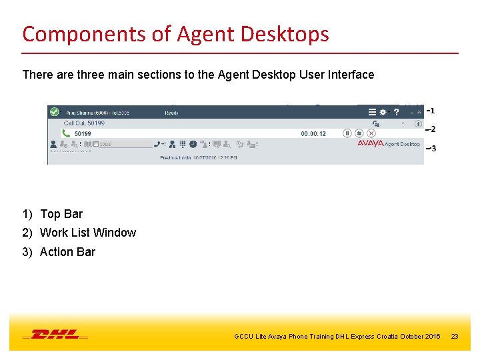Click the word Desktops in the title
(287, 33)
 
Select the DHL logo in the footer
(55, 335)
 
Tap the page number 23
(455, 336)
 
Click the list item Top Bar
(61, 214)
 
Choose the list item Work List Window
(87, 233)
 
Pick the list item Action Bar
(67, 252)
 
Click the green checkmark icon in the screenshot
(55, 113)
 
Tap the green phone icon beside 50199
(66, 133)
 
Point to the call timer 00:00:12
(313, 134)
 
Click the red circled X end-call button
(371, 133)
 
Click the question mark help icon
(397, 113)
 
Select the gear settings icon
(383, 113)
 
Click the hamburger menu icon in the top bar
(372, 113)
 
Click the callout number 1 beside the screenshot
(433, 111)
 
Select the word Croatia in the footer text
(387, 336)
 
